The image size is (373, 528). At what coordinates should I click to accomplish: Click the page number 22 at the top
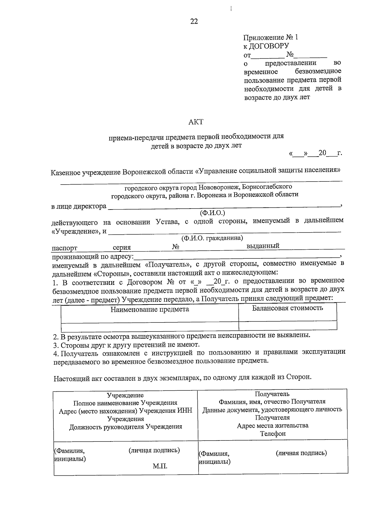point(194,21)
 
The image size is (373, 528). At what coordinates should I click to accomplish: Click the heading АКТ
point(196,122)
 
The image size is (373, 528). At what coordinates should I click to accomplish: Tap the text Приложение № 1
point(270,37)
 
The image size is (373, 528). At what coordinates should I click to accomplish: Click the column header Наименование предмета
point(150,309)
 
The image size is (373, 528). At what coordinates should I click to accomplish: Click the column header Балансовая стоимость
point(287,308)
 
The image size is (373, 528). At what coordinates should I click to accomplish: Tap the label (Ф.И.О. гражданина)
point(212,238)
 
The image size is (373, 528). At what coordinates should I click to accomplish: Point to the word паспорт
point(65,248)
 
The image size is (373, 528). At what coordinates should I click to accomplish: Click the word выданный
point(263,246)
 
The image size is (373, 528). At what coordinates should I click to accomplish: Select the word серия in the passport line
point(122,247)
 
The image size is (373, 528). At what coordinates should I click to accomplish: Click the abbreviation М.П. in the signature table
point(160,466)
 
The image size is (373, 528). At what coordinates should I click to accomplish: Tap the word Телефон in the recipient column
point(273,433)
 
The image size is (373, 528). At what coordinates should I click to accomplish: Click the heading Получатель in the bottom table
point(272,394)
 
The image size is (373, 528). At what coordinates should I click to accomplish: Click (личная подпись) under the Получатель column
point(301,453)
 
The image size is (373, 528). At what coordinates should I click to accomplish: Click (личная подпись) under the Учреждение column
point(154,450)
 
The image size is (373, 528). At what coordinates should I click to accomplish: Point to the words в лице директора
point(79,206)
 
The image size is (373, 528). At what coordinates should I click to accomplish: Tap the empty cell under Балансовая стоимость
point(287,326)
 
